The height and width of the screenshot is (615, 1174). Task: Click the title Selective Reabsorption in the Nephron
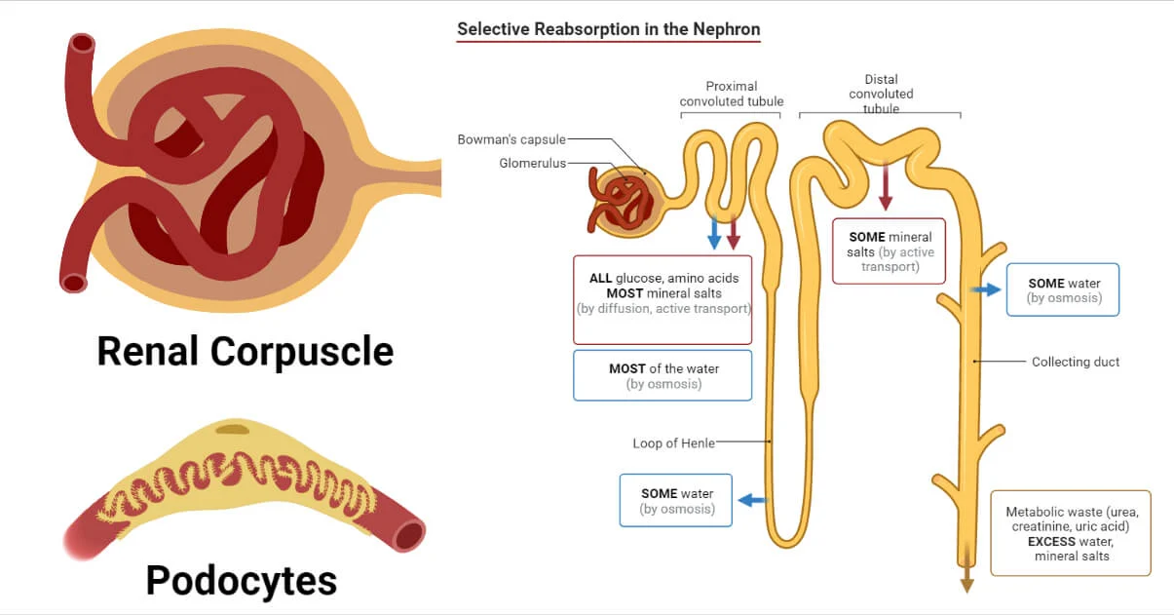(x=608, y=29)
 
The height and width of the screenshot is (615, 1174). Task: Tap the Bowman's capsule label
(x=511, y=140)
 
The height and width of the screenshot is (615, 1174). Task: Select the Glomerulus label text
(x=533, y=164)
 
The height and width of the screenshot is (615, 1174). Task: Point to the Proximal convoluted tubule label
(x=731, y=94)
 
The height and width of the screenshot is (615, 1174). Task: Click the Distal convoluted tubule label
(x=881, y=94)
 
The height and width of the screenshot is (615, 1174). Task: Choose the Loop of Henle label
(x=673, y=443)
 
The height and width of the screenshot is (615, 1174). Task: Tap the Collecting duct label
(x=1076, y=362)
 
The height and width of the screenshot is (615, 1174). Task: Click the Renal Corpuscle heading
(x=245, y=351)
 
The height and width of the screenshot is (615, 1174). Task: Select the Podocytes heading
(x=242, y=581)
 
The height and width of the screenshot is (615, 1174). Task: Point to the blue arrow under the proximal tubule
(x=714, y=232)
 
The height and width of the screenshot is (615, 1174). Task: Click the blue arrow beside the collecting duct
(x=985, y=289)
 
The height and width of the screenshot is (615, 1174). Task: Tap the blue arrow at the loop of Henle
(x=751, y=500)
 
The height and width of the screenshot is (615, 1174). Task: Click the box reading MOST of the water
(x=663, y=375)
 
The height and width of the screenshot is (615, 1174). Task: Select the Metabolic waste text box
(x=1071, y=533)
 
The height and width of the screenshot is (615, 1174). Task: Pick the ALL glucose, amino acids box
(x=663, y=299)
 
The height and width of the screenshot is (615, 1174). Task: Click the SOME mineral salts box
(x=890, y=251)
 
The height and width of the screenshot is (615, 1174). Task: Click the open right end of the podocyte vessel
(x=409, y=535)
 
